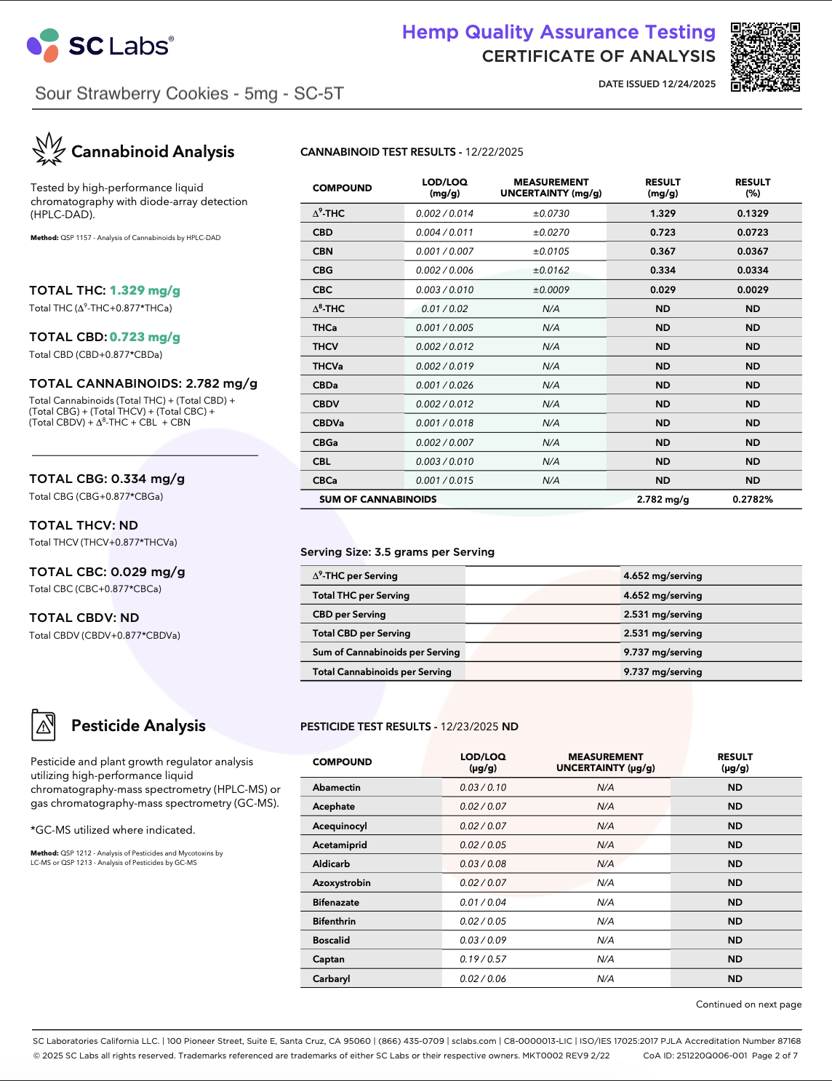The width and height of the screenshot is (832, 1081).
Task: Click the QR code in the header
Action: point(765,57)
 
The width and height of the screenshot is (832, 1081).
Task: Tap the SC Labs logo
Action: point(100,46)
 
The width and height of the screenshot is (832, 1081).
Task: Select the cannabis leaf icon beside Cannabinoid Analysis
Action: point(49,150)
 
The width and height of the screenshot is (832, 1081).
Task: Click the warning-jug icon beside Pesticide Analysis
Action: point(44,725)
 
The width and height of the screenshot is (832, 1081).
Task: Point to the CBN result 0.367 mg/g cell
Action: point(663,251)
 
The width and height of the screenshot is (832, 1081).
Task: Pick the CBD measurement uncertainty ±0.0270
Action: point(551,232)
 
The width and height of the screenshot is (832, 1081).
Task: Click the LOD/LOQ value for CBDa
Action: point(444,385)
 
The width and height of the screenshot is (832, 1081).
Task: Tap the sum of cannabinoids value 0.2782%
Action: point(752,499)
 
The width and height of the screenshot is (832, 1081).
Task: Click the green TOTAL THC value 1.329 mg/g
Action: point(145,290)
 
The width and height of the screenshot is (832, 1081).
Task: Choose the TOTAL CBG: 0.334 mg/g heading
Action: point(107,479)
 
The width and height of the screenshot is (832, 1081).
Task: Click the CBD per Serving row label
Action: point(349,614)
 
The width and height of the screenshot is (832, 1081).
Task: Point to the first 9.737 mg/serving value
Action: point(663,653)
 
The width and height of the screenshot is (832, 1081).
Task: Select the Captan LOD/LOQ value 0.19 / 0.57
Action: point(483,959)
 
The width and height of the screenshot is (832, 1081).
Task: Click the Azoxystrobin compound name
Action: point(341,882)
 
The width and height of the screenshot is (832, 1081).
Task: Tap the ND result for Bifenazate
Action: point(735,902)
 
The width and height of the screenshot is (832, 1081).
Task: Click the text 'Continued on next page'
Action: point(748,1004)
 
